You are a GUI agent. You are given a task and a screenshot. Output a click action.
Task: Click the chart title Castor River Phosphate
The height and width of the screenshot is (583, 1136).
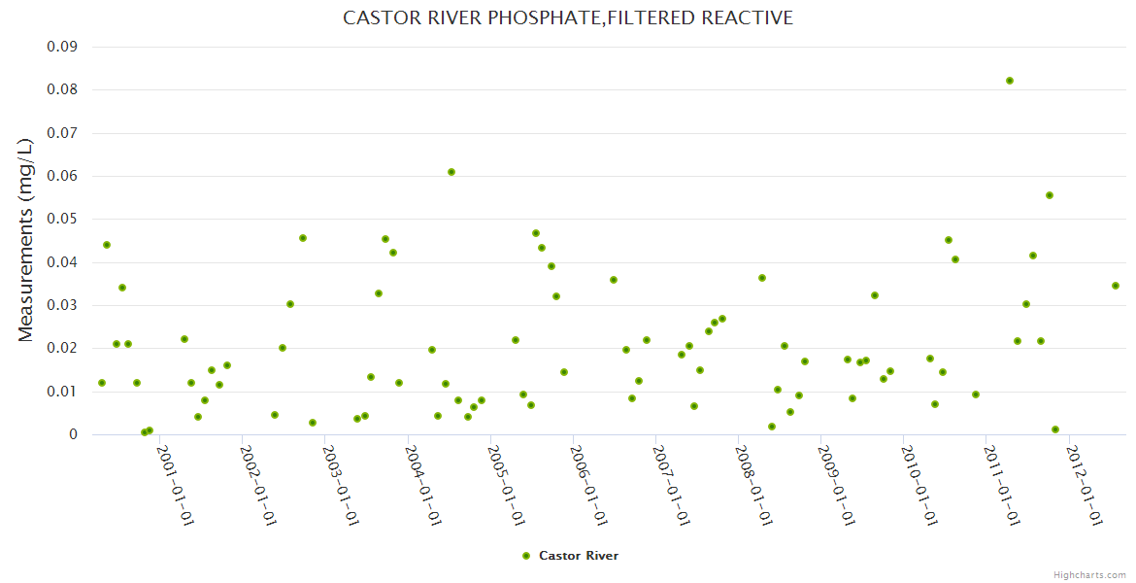[568, 17]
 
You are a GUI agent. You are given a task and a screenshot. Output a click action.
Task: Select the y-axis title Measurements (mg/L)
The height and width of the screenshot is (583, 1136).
[26, 240]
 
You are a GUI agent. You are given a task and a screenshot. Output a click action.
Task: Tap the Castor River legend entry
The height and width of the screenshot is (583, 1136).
[570, 556]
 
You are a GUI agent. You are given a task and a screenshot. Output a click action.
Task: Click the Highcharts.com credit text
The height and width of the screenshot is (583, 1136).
[1089, 574]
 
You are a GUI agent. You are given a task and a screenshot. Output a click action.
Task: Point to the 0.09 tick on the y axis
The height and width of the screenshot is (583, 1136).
[62, 47]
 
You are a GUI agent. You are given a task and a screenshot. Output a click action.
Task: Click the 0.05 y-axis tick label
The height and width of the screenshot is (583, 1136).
[62, 220]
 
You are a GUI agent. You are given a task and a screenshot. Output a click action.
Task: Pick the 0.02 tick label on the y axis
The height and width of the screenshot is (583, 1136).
[62, 349]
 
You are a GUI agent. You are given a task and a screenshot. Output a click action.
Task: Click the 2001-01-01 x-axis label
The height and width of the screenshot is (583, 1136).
[176, 486]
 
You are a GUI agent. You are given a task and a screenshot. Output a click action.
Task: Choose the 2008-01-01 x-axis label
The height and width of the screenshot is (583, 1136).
[753, 486]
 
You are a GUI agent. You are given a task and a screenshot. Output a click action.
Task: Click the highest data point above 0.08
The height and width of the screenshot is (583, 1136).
[1010, 81]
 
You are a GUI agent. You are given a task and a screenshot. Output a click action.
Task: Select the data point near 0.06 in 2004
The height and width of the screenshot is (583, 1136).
[451, 172]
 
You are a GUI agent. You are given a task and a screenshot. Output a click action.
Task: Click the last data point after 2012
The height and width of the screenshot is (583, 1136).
[1116, 286]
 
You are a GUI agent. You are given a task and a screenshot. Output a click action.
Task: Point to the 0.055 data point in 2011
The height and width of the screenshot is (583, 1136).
[1050, 195]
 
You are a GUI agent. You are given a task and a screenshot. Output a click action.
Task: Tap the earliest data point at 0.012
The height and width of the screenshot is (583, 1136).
[102, 383]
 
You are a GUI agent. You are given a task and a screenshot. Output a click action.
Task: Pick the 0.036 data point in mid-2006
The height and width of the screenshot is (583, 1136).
[614, 280]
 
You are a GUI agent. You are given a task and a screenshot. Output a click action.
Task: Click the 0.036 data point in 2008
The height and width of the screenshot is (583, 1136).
[762, 278]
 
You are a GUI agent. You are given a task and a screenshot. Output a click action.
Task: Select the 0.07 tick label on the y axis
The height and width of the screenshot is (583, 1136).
[62, 133]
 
